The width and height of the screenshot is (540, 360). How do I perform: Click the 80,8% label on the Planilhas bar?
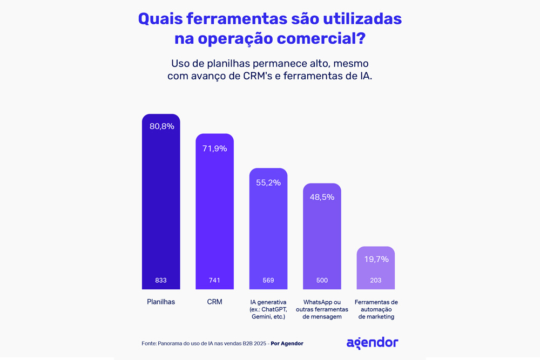tap(161, 126)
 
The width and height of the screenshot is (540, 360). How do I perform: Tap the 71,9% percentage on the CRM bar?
tap(214, 148)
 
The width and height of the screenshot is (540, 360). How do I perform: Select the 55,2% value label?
tap(268, 183)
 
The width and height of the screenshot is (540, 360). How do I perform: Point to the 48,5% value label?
tap(322, 197)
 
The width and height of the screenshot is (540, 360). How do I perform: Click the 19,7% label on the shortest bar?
tap(376, 260)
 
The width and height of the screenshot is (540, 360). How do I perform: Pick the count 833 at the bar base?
tap(161, 281)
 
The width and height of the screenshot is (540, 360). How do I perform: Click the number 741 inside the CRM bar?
tap(214, 281)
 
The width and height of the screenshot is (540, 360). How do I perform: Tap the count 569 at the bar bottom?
tap(268, 281)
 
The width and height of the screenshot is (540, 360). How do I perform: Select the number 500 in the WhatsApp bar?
tap(322, 281)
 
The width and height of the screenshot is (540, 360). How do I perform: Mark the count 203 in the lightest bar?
tap(376, 281)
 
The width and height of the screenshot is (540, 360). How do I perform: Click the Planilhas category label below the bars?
tap(161, 302)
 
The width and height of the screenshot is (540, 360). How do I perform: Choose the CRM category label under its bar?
tap(214, 302)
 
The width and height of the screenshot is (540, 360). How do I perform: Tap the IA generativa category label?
tap(268, 309)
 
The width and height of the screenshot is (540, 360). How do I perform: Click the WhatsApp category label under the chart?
tap(322, 309)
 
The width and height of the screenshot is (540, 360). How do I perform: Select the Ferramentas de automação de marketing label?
tap(376, 309)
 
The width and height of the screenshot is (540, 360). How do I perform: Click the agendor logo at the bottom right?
tap(372, 343)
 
